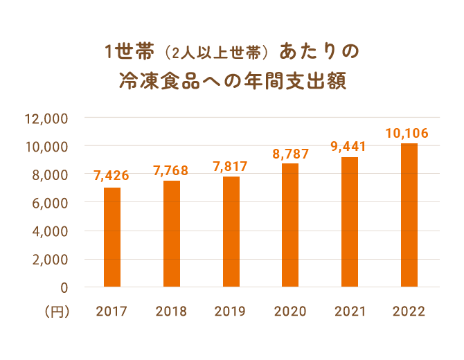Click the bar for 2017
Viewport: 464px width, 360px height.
point(112,237)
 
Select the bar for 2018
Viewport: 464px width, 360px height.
point(172,233)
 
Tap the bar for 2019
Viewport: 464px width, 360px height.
point(231,231)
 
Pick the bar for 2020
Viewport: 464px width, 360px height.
point(290,224)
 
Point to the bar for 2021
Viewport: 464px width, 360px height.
point(350,222)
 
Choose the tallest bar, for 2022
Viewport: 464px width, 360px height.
point(409,215)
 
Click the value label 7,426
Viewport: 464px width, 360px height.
point(111,176)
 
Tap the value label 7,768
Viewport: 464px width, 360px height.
point(171,170)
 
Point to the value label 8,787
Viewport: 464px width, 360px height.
point(290,153)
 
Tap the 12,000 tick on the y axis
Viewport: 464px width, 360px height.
point(46,118)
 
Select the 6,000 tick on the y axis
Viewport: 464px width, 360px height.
point(49,203)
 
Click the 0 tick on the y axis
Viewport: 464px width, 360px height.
point(64,287)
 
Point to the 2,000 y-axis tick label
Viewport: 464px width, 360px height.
point(49,259)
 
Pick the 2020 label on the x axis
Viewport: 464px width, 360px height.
point(290,312)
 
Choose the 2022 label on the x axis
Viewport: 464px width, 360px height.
point(409,312)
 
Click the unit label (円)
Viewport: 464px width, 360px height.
point(57,312)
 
